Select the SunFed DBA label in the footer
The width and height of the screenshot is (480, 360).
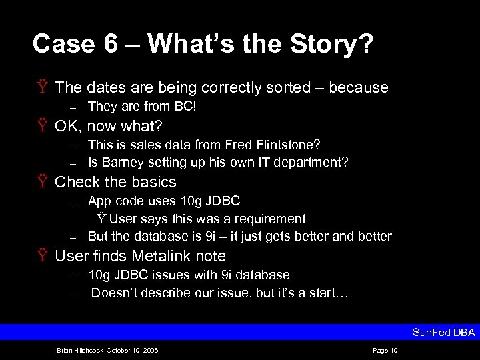pos(443,332)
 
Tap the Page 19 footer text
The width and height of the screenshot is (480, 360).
pos(385,350)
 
